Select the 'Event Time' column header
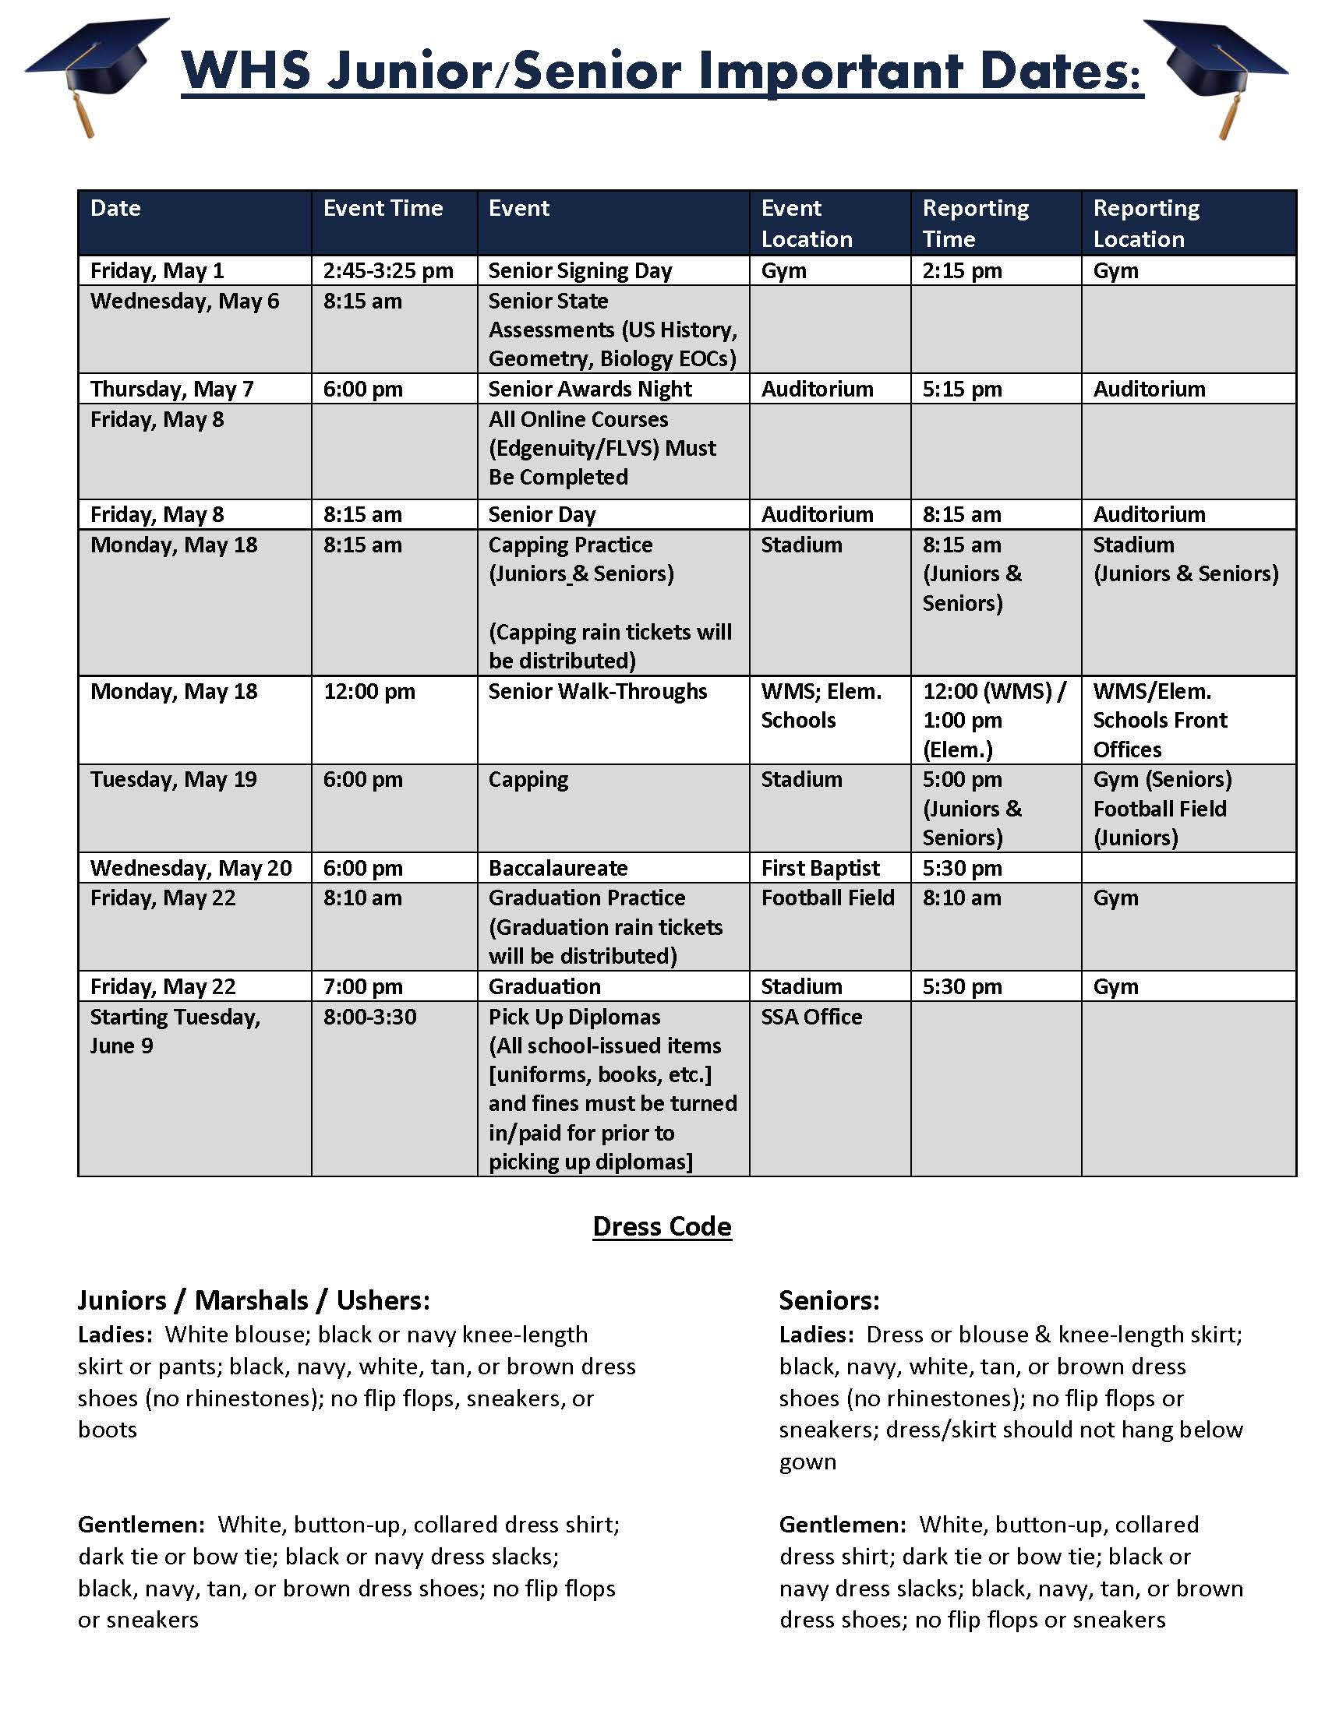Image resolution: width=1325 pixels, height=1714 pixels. (x=383, y=208)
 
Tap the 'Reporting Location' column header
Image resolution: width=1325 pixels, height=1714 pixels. (x=1146, y=223)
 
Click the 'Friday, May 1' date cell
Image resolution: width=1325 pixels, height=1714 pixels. (x=157, y=271)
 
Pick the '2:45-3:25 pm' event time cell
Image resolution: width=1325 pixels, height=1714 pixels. (x=388, y=271)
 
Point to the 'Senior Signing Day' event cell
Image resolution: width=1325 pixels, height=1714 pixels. (x=580, y=271)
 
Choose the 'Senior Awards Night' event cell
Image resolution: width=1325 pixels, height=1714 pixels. (x=589, y=390)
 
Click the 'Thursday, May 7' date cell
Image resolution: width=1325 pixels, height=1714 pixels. (x=172, y=390)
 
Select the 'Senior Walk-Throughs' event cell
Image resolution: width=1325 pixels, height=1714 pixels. (x=597, y=691)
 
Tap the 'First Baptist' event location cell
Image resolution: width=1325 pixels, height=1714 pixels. (x=820, y=868)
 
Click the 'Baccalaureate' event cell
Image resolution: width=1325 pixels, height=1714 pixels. (x=557, y=868)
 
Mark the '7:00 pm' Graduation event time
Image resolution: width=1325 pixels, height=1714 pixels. (x=362, y=986)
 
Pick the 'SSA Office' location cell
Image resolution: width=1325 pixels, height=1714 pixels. (x=811, y=1017)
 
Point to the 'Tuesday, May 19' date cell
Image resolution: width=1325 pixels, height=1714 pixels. (x=174, y=779)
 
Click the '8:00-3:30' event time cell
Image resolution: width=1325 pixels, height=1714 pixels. (x=369, y=1017)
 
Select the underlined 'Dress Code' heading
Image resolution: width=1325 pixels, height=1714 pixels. (x=662, y=1226)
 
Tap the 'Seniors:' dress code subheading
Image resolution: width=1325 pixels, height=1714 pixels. (x=829, y=1300)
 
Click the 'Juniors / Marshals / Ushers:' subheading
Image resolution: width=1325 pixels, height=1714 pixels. (x=253, y=1300)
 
